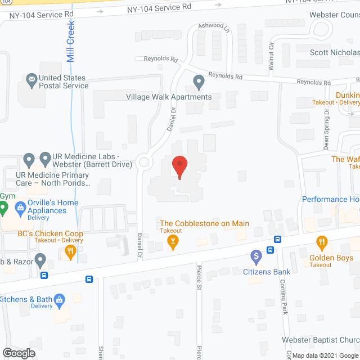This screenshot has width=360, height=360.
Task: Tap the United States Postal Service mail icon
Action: pyautogui.click(x=30, y=80)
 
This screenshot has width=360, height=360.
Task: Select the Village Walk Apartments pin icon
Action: pyautogui.click(x=198, y=83)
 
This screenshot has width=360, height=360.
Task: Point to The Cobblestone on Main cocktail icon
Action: pyautogui.click(x=173, y=242)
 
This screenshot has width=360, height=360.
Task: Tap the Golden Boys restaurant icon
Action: pyautogui.click(x=322, y=243)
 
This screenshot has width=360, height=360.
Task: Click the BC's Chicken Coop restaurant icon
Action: pyautogui.click(x=70, y=253)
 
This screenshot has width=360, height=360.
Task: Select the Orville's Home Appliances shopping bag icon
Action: pyautogui.click(x=20, y=206)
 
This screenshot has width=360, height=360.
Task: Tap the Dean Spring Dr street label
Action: pyautogui.click(x=326, y=132)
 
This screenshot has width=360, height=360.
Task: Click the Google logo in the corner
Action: pyautogui.click(x=18, y=353)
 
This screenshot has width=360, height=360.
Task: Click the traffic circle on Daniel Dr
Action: pyautogui.click(x=145, y=163)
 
